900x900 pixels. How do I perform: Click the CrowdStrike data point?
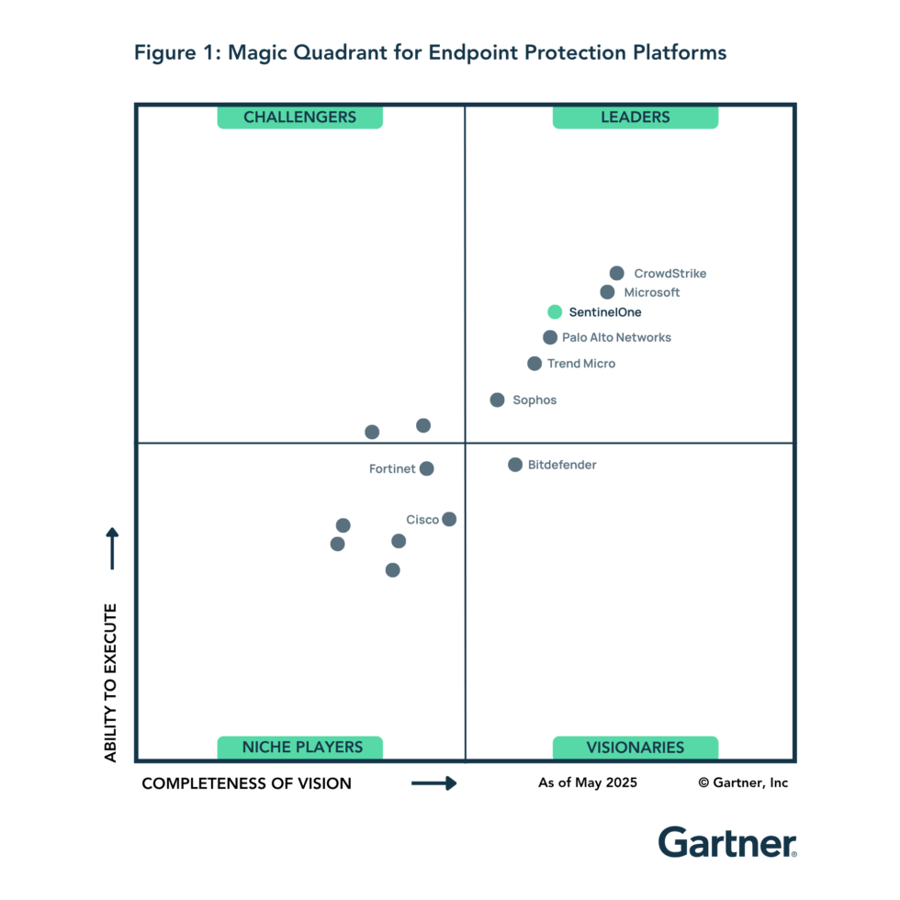point(617,273)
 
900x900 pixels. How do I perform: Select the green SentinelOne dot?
point(555,312)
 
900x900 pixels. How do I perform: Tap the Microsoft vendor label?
point(652,293)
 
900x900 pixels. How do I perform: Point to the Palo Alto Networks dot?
point(550,338)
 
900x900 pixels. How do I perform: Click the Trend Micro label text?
point(581,364)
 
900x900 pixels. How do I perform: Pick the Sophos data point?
point(497,399)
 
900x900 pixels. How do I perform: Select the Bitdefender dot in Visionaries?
point(515,465)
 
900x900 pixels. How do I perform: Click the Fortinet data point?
point(426,468)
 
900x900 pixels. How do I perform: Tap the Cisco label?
point(422,520)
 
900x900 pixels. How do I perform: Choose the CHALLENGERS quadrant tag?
point(299,117)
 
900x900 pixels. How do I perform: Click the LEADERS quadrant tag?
point(636,117)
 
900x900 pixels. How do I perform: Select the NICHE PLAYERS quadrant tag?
point(299,748)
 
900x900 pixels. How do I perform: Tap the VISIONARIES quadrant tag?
point(636,748)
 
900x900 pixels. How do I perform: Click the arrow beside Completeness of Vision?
point(433,783)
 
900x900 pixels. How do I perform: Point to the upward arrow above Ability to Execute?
point(112,547)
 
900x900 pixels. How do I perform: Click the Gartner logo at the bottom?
point(726,842)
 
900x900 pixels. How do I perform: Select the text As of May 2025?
point(588,782)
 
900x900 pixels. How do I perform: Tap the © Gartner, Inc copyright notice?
point(743,782)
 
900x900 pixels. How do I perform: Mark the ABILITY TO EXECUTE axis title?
point(111,682)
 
